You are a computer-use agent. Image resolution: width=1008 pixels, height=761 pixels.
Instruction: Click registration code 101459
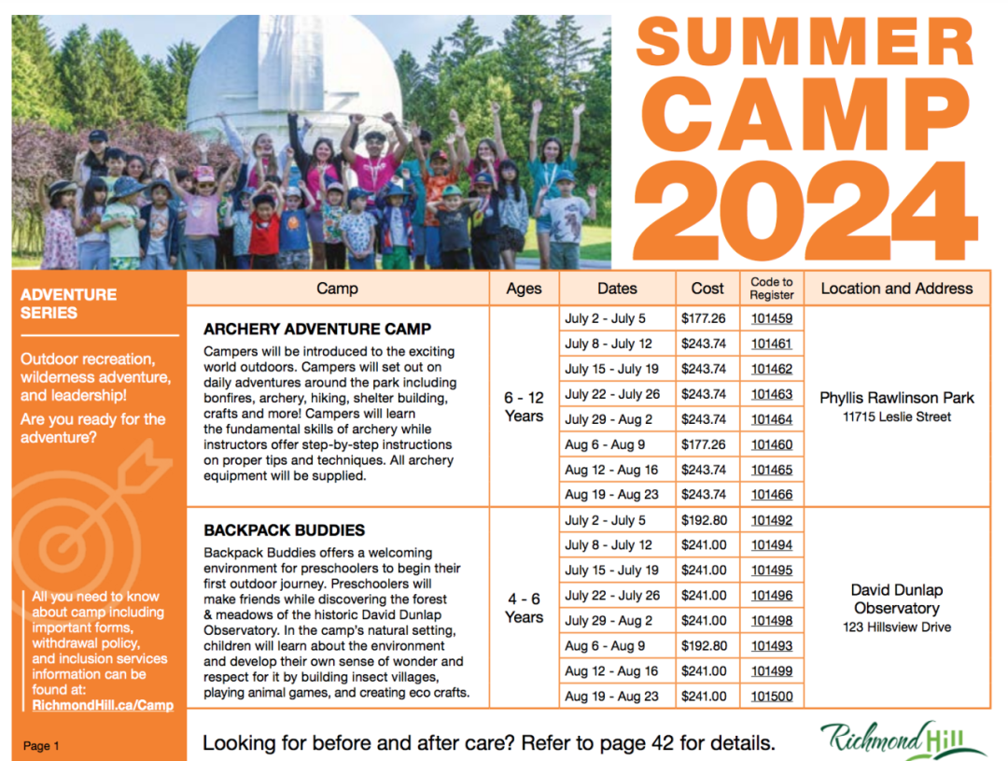(x=772, y=318)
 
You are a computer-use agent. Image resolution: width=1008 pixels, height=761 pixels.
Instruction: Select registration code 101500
(x=772, y=696)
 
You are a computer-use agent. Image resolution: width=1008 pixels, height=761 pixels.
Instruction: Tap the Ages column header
(x=524, y=289)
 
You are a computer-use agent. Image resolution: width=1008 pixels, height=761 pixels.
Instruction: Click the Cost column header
(x=707, y=289)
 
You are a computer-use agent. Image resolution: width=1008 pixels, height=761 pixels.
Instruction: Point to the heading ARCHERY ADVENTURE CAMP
(x=317, y=329)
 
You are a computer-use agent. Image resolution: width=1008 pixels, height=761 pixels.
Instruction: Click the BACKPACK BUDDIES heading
(x=284, y=530)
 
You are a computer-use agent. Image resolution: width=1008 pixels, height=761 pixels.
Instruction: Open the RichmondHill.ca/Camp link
(x=103, y=705)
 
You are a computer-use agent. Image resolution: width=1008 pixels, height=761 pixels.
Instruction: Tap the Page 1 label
(x=41, y=745)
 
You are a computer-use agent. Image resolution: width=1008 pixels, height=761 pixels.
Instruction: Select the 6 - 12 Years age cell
(x=524, y=406)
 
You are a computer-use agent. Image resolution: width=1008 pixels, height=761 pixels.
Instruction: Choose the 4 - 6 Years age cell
(x=524, y=608)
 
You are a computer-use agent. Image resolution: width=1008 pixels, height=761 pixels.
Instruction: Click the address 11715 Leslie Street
(x=897, y=416)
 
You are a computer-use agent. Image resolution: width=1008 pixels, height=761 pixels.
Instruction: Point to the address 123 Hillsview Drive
(x=897, y=627)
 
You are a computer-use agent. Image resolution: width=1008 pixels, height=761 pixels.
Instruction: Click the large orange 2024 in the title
(x=805, y=211)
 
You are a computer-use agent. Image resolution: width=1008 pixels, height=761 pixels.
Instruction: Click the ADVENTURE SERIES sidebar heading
(x=68, y=303)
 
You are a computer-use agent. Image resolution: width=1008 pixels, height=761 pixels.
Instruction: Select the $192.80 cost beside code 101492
(x=704, y=520)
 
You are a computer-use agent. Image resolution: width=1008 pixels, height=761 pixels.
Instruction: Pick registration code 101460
(x=772, y=444)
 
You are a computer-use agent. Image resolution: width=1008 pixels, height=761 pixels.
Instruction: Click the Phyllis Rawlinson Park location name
(x=897, y=398)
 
